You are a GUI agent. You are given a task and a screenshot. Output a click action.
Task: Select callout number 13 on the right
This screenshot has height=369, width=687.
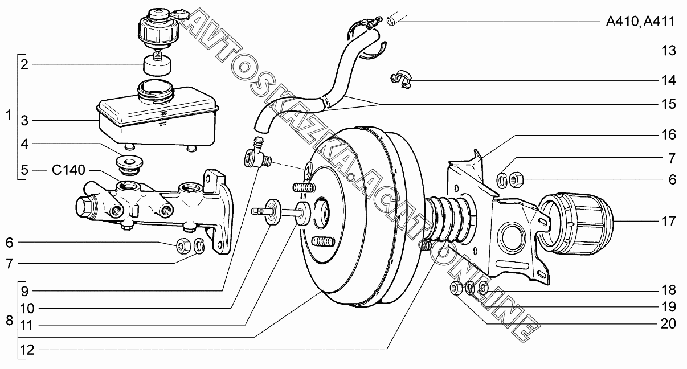click(668, 51)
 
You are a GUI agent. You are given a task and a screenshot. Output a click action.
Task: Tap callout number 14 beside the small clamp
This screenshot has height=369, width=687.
click(668, 80)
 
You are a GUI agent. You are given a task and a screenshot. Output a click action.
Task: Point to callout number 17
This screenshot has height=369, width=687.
click(668, 221)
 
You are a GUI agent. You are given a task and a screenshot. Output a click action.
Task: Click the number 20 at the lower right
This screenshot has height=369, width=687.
click(668, 323)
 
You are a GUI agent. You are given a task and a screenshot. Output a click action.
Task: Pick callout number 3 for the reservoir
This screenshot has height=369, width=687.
click(24, 121)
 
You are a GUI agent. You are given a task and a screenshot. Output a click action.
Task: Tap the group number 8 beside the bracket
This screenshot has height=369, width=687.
click(9, 321)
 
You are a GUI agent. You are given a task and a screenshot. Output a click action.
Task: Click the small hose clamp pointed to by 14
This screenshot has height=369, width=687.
click(401, 79)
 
